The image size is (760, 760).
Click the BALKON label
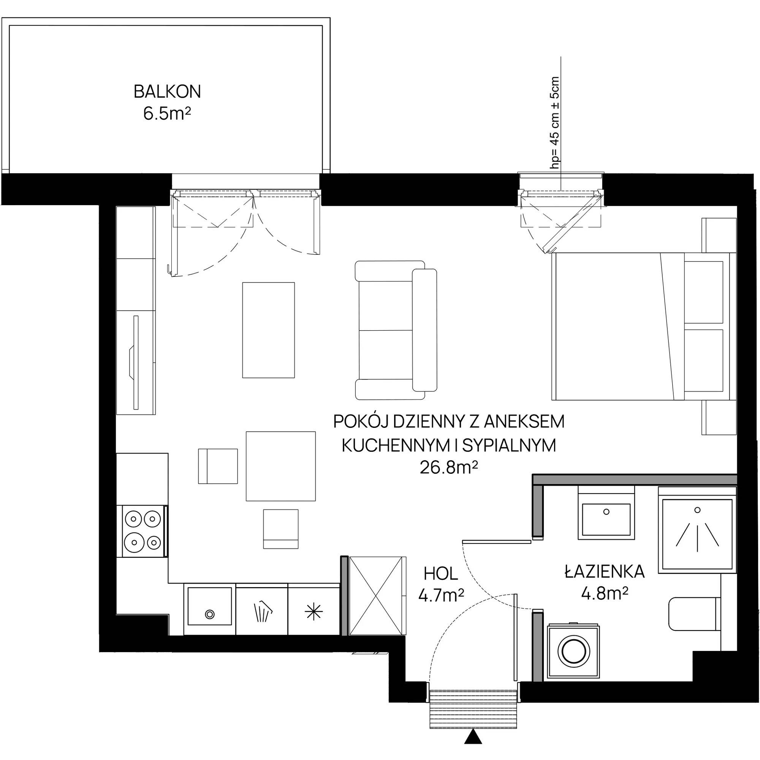167,92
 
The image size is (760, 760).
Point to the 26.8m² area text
449,468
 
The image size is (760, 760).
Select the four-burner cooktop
143,532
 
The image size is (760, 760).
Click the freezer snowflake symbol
313,612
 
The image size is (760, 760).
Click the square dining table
281,466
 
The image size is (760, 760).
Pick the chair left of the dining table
218,466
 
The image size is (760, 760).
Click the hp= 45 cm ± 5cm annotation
555,123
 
